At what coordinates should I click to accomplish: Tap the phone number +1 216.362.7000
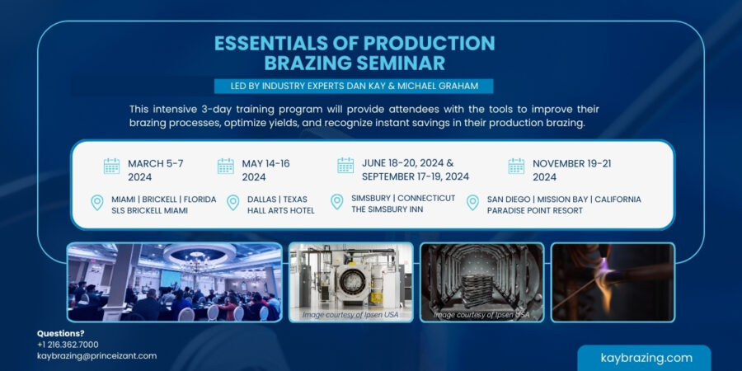[x=68, y=344]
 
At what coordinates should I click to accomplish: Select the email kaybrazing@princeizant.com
[x=96, y=355]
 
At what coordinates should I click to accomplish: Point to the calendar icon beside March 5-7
[x=111, y=166]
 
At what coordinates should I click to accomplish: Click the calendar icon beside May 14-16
[x=225, y=166]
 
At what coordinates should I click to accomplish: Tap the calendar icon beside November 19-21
[x=516, y=166]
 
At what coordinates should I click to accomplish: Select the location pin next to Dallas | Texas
[x=232, y=203]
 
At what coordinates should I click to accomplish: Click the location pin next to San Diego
[x=472, y=203]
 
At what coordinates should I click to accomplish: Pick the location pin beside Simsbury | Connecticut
[x=336, y=203]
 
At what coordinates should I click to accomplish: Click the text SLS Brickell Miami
[x=150, y=210]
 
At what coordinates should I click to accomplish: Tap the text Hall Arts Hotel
[x=280, y=210]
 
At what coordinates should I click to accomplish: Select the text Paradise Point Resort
[x=534, y=210]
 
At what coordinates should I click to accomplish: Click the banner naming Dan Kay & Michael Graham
[x=354, y=86]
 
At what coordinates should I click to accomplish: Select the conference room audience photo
[x=174, y=282]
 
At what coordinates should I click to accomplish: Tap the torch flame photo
[x=612, y=282]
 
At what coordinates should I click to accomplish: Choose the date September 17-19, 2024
[x=415, y=176]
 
